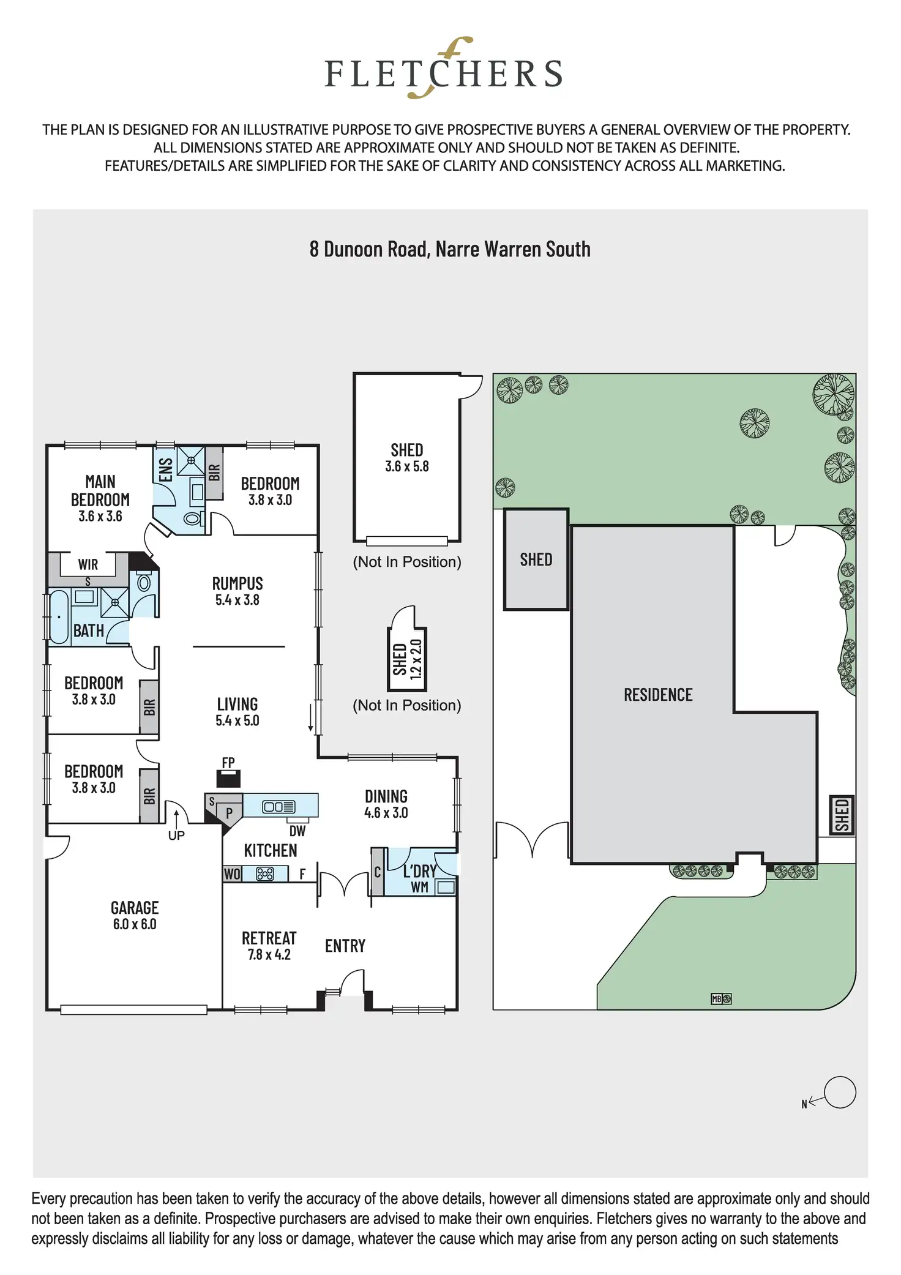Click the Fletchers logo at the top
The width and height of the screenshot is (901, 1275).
(443, 70)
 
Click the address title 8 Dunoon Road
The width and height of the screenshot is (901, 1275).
(450, 249)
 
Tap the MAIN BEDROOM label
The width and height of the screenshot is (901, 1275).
(100, 498)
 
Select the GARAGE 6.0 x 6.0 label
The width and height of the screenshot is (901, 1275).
(135, 915)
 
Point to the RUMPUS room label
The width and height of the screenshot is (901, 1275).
(237, 591)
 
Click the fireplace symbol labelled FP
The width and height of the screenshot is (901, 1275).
(228, 778)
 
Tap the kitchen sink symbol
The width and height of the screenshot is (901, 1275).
(279, 807)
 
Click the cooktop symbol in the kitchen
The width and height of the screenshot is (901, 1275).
(265, 874)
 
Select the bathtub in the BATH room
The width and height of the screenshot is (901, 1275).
(59, 616)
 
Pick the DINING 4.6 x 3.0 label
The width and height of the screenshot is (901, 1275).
(386, 804)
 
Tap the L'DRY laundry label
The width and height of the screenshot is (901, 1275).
(420, 871)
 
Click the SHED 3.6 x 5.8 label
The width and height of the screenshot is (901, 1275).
(407, 457)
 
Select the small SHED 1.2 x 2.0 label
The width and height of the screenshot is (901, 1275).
(407, 659)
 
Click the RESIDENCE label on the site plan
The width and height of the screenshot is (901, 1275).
(658, 695)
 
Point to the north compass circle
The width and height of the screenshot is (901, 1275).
(840, 1092)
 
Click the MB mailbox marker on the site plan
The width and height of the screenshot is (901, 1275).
(717, 999)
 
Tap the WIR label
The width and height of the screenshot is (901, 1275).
(88, 564)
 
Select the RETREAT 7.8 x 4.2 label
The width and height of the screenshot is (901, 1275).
(269, 946)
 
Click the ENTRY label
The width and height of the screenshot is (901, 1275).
(345, 946)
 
